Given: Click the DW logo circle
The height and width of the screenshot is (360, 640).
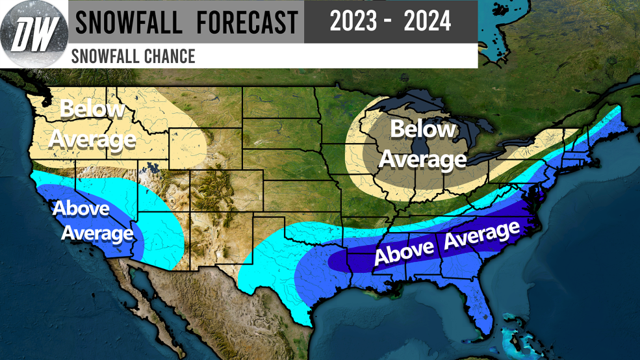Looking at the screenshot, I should (33, 34).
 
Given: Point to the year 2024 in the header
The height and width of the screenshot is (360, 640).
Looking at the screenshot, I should (427, 21).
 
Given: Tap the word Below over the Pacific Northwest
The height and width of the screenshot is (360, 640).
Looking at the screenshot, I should (93, 109).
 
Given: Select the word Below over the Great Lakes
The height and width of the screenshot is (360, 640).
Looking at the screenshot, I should (423, 130).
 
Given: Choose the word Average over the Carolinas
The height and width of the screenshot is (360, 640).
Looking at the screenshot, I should (482, 236).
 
